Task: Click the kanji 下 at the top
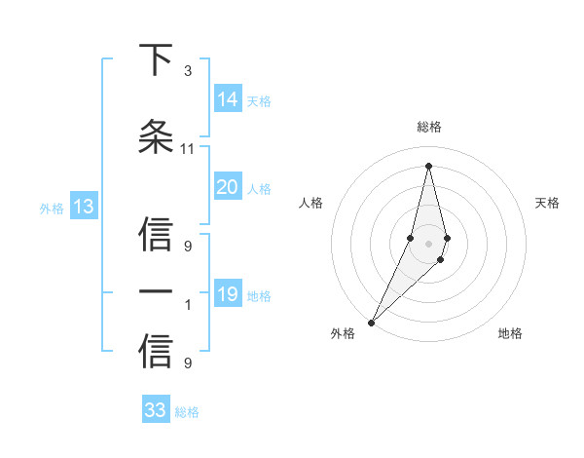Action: pos(156,60)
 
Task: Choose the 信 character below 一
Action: pos(156,352)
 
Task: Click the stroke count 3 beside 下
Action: pos(187,71)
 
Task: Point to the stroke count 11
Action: pos(187,149)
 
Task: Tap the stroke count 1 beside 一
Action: pos(187,305)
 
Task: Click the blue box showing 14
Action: pos(228,99)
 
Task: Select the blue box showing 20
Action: pos(228,187)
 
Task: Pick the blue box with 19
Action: pos(228,294)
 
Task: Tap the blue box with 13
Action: pos(83,207)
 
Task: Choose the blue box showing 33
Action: pos(156,410)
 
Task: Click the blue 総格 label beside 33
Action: pos(187,412)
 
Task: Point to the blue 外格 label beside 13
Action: pos(51,208)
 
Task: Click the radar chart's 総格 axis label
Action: pos(428,127)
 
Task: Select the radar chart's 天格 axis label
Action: pos(548,203)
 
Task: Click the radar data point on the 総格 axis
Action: pos(428,165)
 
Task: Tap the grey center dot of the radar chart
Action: pos(428,243)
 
